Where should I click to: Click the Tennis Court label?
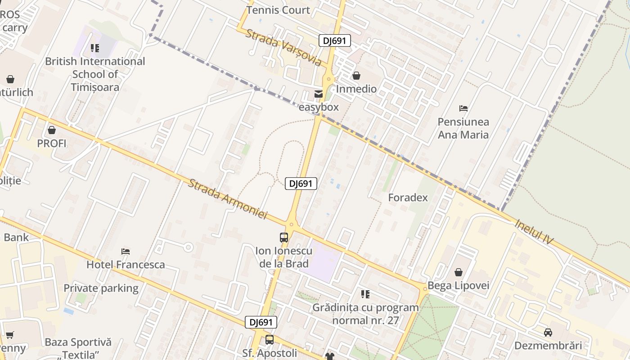coord(278,10)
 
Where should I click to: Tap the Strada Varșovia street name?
coord(283,47)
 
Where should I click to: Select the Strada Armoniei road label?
coord(227,199)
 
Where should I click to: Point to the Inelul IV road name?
coord(534,232)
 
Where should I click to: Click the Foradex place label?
coord(408,198)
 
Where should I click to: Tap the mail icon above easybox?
coord(319,94)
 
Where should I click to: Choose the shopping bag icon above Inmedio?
coord(356,76)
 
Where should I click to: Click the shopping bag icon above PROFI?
coord(52,130)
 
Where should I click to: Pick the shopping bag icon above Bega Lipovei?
coord(459,272)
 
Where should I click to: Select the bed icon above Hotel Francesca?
coord(126,251)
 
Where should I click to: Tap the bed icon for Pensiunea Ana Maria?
coord(463,108)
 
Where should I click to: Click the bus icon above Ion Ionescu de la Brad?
coord(284,237)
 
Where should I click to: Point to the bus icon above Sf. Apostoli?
coord(270,340)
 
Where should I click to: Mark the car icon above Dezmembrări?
coord(548,333)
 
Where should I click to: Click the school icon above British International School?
coord(95,48)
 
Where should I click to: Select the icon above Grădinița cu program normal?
coord(365,294)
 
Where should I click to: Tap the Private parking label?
coord(101,288)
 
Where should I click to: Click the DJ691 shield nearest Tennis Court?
coord(334,40)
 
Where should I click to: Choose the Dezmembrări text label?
coord(548,346)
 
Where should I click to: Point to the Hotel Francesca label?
coord(126,264)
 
